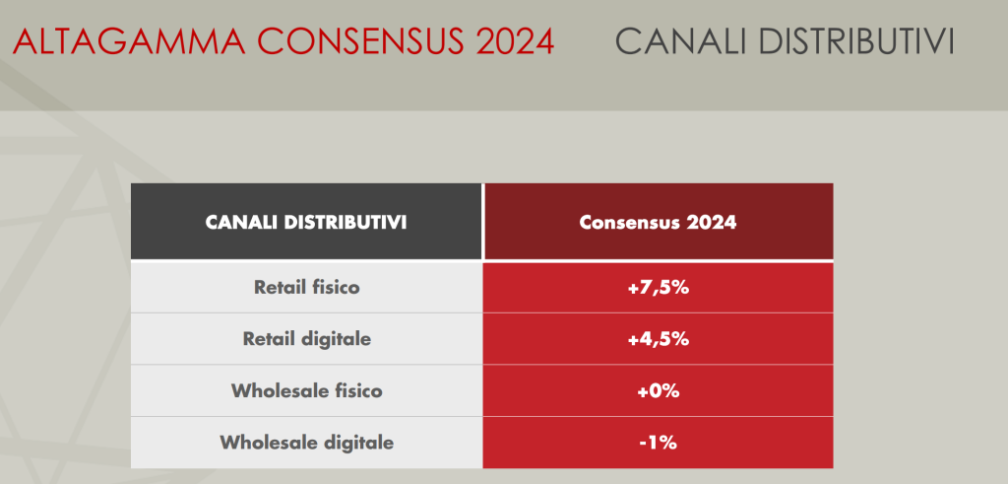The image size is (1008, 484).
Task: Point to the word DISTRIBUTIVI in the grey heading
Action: pyautogui.click(x=856, y=42)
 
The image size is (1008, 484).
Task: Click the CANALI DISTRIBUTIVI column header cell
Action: pyautogui.click(x=306, y=222)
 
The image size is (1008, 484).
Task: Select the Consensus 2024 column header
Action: pyautogui.click(x=658, y=222)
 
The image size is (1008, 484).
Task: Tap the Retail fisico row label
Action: pyautogui.click(x=306, y=288)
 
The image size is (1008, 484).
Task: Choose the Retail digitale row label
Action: pyautogui.click(x=306, y=339)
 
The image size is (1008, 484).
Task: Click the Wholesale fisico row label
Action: pyautogui.click(x=306, y=390)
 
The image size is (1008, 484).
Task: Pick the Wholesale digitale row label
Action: pyautogui.click(x=306, y=443)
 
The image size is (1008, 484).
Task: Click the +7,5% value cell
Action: pyautogui.click(x=658, y=288)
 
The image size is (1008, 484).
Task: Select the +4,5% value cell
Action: pyautogui.click(x=658, y=339)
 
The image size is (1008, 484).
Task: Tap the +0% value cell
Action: pyautogui.click(x=658, y=390)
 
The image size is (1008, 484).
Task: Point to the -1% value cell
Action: pyautogui.click(x=658, y=443)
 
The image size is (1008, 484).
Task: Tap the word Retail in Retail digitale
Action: pyautogui.click(x=269, y=339)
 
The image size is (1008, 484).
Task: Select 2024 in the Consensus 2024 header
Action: pyautogui.click(x=710, y=222)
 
